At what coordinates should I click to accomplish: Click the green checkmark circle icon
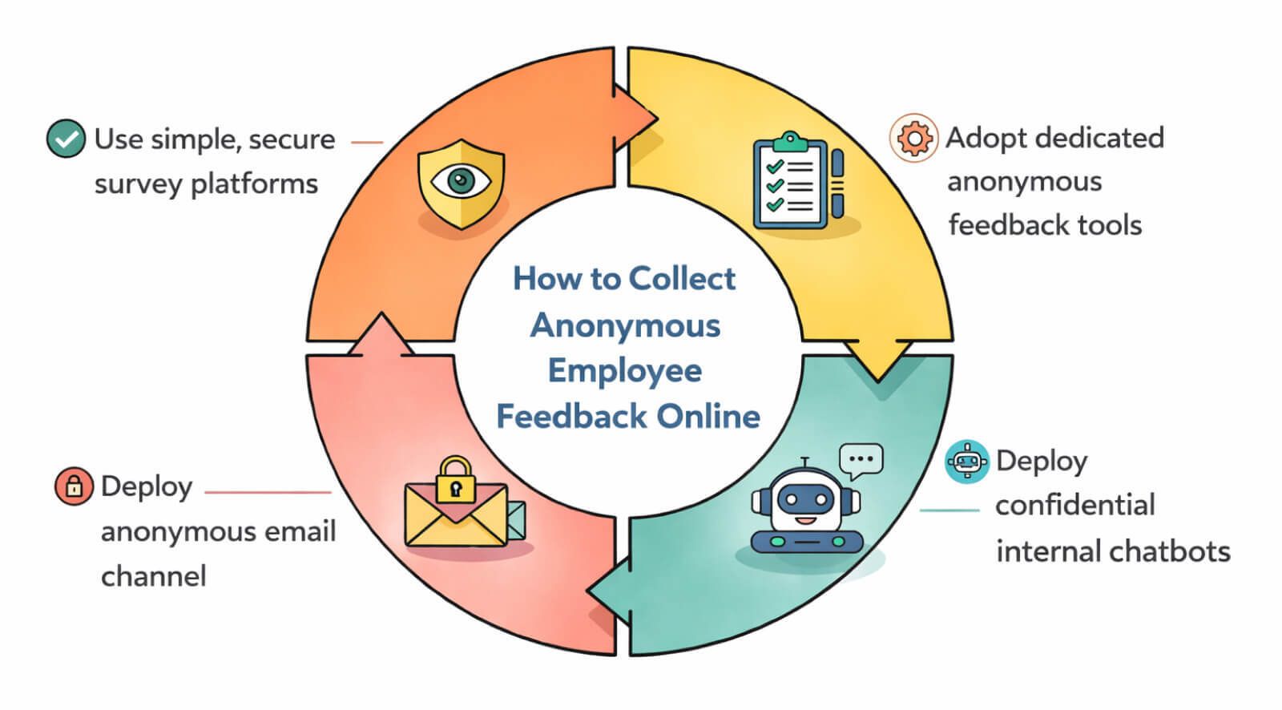66,139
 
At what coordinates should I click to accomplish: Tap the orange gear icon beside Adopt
913,138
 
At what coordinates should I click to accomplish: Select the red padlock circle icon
74,486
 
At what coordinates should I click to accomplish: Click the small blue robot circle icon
967,462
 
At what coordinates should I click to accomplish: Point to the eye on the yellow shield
460,180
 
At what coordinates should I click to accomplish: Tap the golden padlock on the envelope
455,481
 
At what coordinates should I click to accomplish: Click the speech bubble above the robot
861,461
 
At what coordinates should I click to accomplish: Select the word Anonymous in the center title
625,325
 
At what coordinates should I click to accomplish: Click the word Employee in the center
625,371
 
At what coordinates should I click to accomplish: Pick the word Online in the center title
708,417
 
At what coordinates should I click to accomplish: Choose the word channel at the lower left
153,576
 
